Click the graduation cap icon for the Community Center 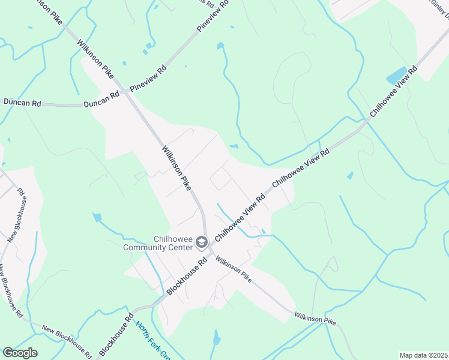click(x=202, y=242)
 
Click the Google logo click(x=20, y=353)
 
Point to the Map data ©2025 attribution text click(x=423, y=355)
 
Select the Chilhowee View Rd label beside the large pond click(x=393, y=91)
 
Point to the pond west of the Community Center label click(x=96, y=218)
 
